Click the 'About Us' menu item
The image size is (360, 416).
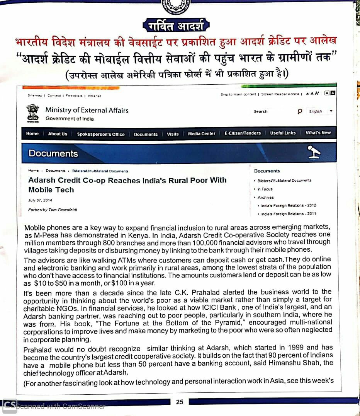(58, 134)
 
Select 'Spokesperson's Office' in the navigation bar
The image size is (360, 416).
(101, 134)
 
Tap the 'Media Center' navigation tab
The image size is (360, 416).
(202, 133)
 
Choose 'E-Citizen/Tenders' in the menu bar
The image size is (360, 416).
(243, 133)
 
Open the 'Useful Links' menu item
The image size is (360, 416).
(283, 133)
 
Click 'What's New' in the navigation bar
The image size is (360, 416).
(318, 133)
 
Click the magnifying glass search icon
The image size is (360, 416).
(300, 111)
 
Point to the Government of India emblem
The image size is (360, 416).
(33, 113)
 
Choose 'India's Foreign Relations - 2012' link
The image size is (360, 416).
(289, 205)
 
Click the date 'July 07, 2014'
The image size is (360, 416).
(40, 200)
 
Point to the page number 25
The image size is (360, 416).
(180, 402)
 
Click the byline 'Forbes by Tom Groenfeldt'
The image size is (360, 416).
(53, 210)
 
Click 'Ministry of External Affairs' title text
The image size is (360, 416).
(87, 110)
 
